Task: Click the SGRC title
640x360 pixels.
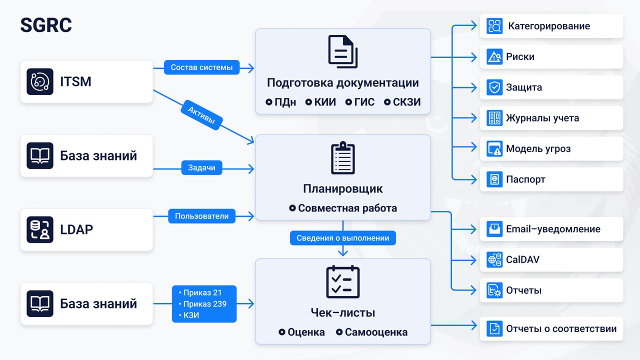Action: pyautogui.click(x=46, y=25)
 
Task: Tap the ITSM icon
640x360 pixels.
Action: pyautogui.click(x=40, y=81)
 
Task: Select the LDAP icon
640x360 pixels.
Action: pyautogui.click(x=40, y=229)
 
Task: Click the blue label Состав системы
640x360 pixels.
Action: pyautogui.click(x=201, y=67)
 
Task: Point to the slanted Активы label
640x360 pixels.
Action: pyautogui.click(x=201, y=115)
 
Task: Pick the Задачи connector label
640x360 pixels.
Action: pyautogui.click(x=201, y=167)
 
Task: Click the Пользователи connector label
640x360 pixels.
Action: pyautogui.click(x=201, y=216)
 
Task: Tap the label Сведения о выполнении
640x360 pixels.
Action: pyautogui.click(x=343, y=238)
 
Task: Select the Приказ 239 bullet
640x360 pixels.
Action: pyautogui.click(x=202, y=303)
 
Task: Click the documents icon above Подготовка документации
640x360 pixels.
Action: pyautogui.click(x=343, y=51)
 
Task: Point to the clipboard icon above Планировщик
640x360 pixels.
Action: pyautogui.click(x=343, y=157)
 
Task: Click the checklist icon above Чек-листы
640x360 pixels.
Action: pyautogui.click(x=343, y=281)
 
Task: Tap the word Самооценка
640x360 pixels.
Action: pyautogui.click(x=376, y=332)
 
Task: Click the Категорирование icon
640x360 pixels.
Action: pyautogui.click(x=494, y=26)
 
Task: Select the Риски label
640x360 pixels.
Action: pyautogui.click(x=520, y=56)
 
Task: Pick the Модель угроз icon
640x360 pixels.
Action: pyautogui.click(x=494, y=148)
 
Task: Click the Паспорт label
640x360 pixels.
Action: pyautogui.click(x=525, y=179)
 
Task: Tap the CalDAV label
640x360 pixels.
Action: pyautogui.click(x=522, y=259)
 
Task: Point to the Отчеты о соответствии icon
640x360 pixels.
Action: pyautogui.click(x=494, y=328)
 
